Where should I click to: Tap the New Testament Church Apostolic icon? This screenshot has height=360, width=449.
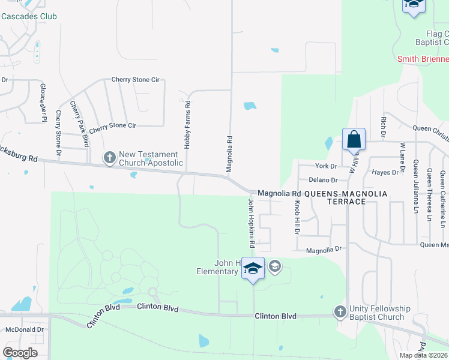point(109,158)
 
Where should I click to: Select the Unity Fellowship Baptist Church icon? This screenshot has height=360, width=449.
point(340,311)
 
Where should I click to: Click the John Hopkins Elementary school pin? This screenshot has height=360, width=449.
point(253,268)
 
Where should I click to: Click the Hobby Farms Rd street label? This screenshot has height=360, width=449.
point(187,125)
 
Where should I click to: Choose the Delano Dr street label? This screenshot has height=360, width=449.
point(323,180)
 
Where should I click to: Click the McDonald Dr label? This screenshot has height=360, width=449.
point(25,329)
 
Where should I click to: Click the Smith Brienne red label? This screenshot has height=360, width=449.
point(423,59)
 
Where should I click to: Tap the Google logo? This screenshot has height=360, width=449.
point(20,353)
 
